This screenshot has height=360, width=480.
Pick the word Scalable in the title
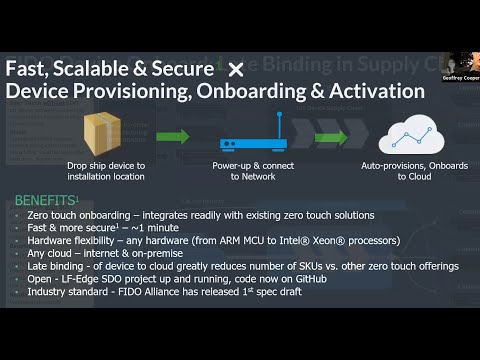click(x=113, y=69)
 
